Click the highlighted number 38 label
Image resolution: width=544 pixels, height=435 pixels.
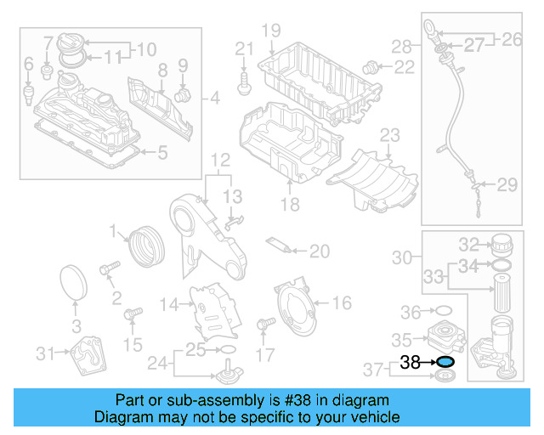411,362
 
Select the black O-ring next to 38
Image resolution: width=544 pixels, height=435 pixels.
445,362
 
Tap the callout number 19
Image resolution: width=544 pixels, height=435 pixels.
270,31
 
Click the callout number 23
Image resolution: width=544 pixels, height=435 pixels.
389,135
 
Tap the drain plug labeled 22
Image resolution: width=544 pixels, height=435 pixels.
370,66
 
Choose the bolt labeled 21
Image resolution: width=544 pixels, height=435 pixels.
245,82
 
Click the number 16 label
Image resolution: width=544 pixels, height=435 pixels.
341,302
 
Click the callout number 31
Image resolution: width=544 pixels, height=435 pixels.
45,353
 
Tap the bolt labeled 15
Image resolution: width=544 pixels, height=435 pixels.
132,317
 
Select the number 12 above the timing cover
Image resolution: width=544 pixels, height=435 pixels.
220,160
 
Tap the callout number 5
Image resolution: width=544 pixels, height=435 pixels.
163,153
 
